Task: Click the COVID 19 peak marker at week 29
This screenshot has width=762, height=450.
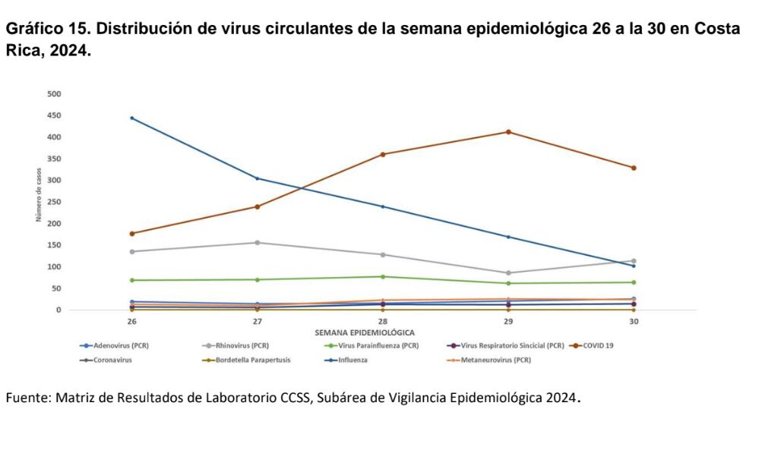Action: point(508,132)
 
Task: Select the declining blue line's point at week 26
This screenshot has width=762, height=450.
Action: point(131,118)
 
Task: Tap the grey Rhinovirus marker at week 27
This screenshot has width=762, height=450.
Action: point(257,243)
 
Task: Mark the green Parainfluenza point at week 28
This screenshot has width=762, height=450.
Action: point(382,276)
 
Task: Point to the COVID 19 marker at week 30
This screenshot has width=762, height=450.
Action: point(634,168)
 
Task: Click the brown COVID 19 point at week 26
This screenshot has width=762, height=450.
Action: point(131,234)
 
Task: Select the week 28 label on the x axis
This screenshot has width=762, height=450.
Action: point(382,322)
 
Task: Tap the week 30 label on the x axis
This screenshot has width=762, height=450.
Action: point(634,322)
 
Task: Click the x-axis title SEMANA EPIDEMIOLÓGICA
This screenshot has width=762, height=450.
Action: point(364,332)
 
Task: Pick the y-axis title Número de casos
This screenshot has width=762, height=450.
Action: point(39,202)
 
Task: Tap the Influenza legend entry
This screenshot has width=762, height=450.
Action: point(349,360)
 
